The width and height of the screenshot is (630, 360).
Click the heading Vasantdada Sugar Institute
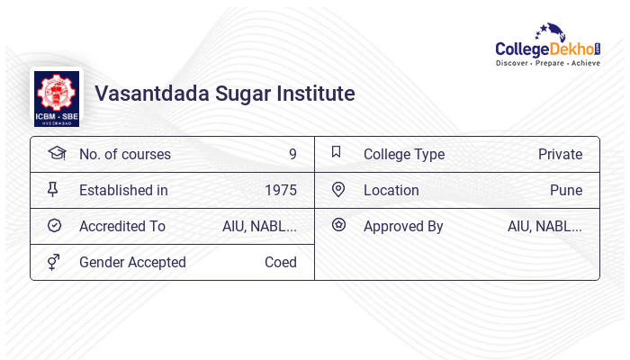click(224, 94)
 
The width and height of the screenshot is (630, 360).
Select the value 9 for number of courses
click(292, 154)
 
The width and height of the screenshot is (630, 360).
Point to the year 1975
click(281, 190)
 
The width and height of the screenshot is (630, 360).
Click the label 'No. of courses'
click(124, 154)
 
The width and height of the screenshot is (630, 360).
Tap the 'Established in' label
click(123, 190)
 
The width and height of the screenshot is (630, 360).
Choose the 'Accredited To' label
click(122, 226)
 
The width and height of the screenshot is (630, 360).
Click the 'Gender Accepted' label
click(132, 262)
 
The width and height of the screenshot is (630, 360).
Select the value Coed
click(280, 262)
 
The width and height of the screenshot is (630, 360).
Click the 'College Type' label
click(403, 154)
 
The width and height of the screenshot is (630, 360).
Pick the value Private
click(560, 154)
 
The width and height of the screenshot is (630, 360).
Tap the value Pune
click(566, 190)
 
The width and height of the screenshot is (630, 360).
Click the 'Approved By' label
click(403, 226)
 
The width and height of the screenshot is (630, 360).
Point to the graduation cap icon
click(56, 153)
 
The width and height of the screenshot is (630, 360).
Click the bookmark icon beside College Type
click(337, 152)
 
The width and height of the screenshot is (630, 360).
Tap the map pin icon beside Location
click(338, 189)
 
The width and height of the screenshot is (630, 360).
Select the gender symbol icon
click(54, 262)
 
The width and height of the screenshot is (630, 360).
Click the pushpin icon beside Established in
click(53, 189)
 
